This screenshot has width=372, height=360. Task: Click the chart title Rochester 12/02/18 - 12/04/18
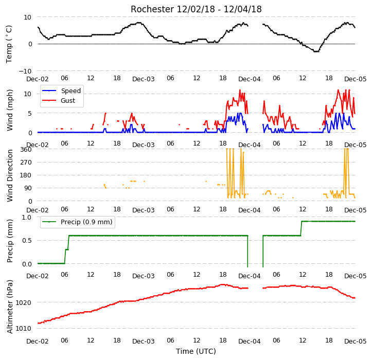pos(196,9)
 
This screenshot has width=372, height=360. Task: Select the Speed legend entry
pos(61,91)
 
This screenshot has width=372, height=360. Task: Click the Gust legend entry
pos(59,101)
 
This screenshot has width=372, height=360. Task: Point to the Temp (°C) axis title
pos(9,44)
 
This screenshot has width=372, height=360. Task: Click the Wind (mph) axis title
pos(10,110)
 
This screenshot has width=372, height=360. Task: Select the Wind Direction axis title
pos(10,176)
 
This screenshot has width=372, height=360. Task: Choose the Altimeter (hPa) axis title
pos(10,307)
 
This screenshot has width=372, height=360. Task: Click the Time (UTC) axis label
pos(196,351)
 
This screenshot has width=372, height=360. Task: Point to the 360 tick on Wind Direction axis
pos(26,150)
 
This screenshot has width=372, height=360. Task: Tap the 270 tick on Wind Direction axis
pos(26,163)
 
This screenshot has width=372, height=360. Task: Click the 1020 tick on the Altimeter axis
pos(23,302)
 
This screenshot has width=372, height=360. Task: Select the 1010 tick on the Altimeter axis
pos(23,329)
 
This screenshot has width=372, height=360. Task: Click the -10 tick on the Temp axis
pos(25,71)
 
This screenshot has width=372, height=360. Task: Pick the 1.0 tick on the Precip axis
pos(27,217)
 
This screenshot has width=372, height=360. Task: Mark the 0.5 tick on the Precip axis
pos(27,241)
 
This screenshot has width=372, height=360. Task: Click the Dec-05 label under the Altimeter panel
pos(356,341)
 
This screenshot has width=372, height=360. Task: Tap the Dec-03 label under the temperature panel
pos(144,79)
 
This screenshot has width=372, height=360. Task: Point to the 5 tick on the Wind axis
pos(30,113)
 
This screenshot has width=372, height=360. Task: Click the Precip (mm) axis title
pos(10,241)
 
